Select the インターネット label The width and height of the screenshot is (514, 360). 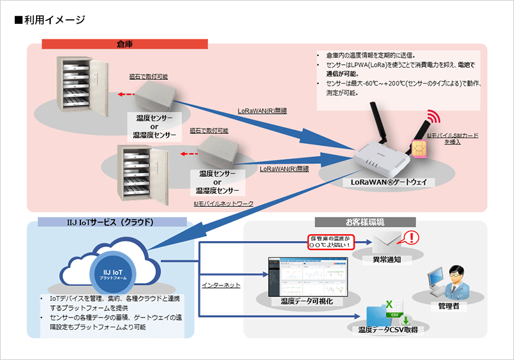pos(221,283)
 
